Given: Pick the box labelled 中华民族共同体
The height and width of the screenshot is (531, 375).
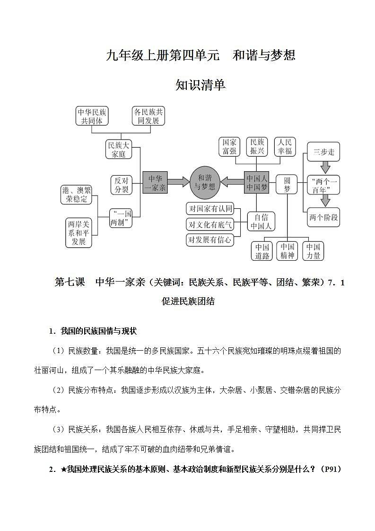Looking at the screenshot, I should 92,116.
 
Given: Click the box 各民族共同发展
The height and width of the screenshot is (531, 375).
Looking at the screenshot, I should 148,116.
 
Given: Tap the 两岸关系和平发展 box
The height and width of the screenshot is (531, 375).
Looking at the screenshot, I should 78,232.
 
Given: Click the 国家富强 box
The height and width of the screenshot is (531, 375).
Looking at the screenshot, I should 230,147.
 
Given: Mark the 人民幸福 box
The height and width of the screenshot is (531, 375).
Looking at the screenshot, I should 285,147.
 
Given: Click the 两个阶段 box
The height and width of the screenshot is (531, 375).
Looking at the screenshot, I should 324,218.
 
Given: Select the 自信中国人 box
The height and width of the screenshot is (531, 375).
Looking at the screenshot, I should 262,221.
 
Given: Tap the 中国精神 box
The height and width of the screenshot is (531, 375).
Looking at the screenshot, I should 287,251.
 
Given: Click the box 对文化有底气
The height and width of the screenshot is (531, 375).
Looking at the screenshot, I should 210,224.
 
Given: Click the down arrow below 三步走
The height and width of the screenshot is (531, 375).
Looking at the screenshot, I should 325,167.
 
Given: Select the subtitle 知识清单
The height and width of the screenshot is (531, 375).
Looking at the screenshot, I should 201,85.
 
